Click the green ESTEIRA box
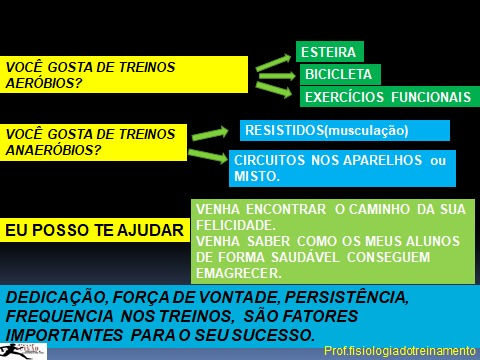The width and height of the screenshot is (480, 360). (x=330, y=52)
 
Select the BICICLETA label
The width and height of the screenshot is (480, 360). (x=338, y=74)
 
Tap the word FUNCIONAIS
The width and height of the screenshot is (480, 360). (x=431, y=97)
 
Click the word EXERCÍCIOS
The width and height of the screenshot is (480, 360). (x=344, y=97)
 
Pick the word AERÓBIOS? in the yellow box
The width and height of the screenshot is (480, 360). (x=44, y=83)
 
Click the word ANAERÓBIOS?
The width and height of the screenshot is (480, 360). (x=53, y=150)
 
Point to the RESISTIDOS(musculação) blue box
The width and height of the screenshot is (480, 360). (x=345, y=130)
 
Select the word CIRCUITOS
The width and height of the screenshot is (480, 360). (x=269, y=160)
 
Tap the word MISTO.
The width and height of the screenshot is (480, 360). (x=257, y=176)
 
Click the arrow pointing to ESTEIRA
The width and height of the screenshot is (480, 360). (x=274, y=62)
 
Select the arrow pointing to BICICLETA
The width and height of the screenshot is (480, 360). (x=277, y=76)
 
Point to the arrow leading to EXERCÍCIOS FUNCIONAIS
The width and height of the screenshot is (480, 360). (x=274, y=89)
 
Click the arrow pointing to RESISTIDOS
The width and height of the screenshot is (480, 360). (x=210, y=133)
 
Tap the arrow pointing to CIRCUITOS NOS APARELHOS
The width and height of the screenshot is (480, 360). (x=208, y=156)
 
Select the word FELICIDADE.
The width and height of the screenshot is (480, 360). (x=236, y=225)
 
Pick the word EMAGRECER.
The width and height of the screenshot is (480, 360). (x=239, y=273)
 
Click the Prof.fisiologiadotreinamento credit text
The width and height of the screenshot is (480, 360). (x=400, y=351)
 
